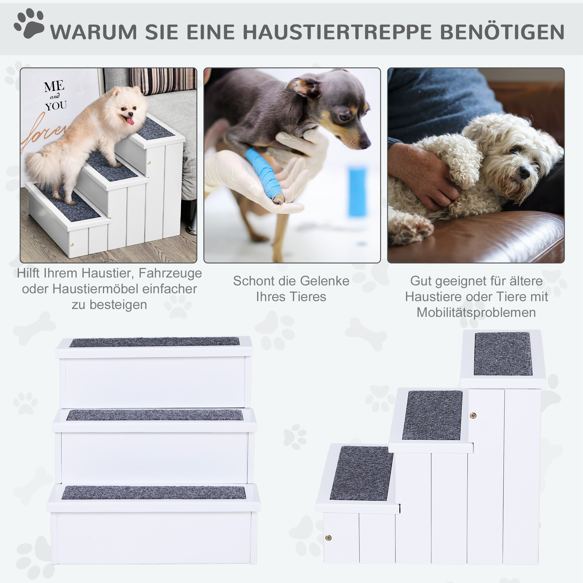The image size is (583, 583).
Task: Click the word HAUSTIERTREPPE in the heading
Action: point(337,32)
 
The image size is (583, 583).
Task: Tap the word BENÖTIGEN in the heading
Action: point(502,32)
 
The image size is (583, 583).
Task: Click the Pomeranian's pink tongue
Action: point(130,121)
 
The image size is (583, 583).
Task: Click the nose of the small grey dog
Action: point(366,144)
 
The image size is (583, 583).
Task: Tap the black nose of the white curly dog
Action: point(525,172)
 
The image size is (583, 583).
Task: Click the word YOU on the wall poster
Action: point(56,106)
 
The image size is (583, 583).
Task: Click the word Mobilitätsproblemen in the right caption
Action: point(476,312)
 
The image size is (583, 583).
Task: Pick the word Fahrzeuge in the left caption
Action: point(170,273)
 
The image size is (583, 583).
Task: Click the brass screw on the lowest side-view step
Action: point(329,538)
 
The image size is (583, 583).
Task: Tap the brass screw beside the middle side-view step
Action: point(473,416)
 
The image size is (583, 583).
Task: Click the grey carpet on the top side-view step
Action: point(503,354)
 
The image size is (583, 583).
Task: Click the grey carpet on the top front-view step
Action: point(154,342)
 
